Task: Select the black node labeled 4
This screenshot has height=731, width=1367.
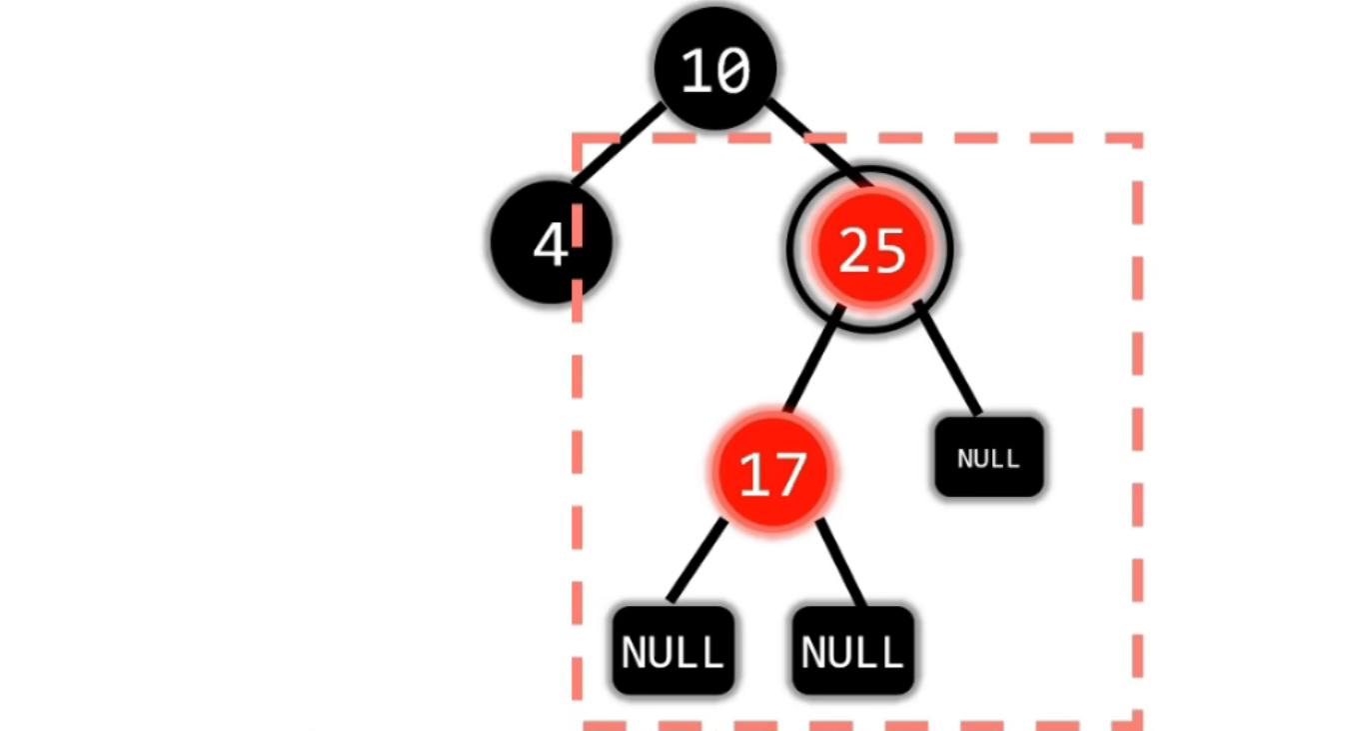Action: pyautogui.click(x=551, y=243)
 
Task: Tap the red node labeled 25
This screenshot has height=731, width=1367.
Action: pyautogui.click(x=870, y=249)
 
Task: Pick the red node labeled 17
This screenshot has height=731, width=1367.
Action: pyautogui.click(x=771, y=472)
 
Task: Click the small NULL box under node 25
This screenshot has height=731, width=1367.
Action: pyautogui.click(x=989, y=457)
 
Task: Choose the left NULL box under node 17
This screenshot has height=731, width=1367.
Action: pyautogui.click(x=673, y=651)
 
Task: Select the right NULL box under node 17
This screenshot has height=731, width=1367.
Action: pyautogui.click(x=852, y=651)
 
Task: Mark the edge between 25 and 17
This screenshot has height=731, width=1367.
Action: pyautogui.click(x=813, y=360)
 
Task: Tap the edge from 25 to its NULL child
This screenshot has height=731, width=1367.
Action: pyautogui.click(x=946, y=358)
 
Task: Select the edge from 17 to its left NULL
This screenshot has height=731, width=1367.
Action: pyautogui.click(x=696, y=562)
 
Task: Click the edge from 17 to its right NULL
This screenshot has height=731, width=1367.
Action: pyautogui.click(x=841, y=562)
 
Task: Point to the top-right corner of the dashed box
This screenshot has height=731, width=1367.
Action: pyautogui.click(x=1137, y=139)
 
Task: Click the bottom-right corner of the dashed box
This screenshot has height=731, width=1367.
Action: pyautogui.click(x=1137, y=722)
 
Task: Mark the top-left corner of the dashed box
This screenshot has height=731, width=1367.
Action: pyautogui.click(x=579, y=139)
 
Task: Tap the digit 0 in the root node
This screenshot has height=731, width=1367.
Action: pyautogui.click(x=732, y=71)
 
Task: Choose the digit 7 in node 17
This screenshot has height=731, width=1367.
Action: pyautogui.click(x=789, y=474)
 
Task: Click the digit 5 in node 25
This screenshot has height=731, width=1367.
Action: pyautogui.click(x=888, y=250)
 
